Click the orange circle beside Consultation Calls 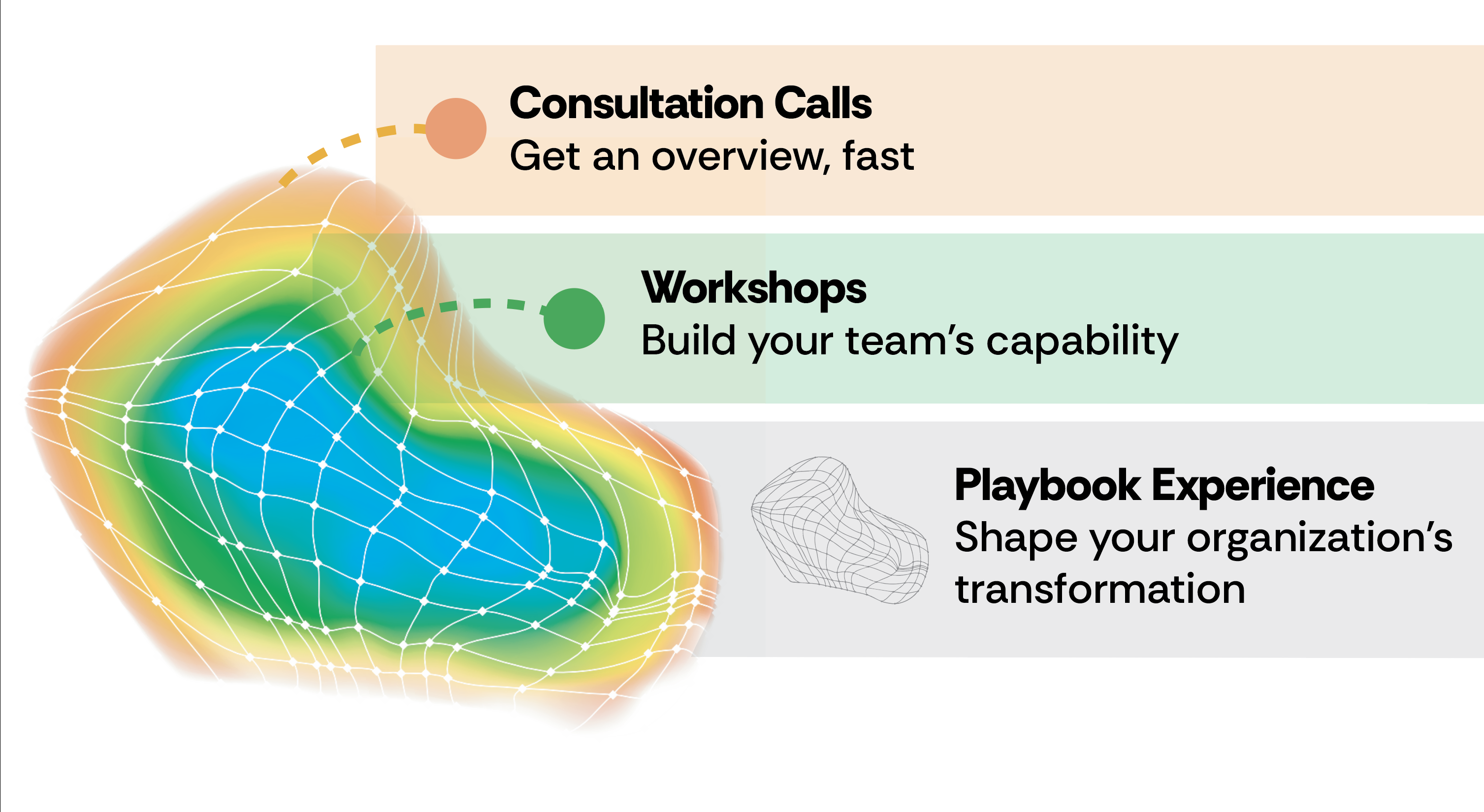455,128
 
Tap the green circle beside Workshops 574,318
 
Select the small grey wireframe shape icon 839,530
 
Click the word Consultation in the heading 637,104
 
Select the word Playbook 1047,485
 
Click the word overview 740,156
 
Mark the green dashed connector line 450,307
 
